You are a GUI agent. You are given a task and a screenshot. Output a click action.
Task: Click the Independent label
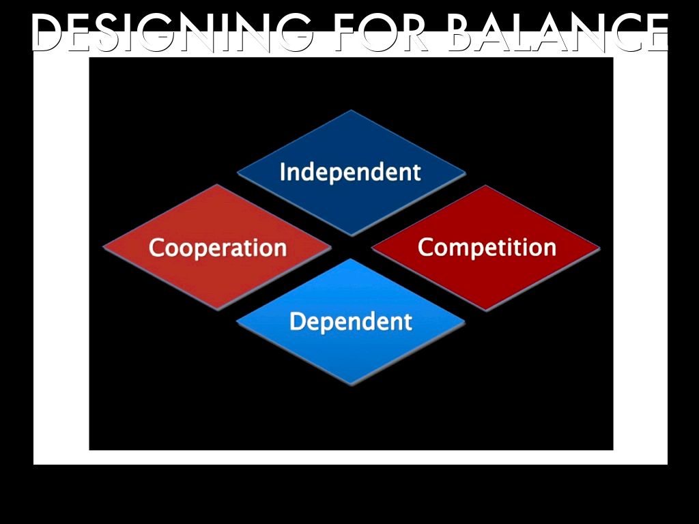click(x=350, y=172)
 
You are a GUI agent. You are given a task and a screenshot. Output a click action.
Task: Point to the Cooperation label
click(x=217, y=247)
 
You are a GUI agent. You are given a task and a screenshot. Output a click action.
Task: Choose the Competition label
click(x=487, y=247)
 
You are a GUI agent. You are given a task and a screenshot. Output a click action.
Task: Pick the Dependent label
click(x=351, y=321)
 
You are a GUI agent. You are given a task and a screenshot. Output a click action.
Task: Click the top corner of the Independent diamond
click(x=352, y=111)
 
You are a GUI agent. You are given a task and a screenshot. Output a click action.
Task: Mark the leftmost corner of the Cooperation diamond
click(x=104, y=247)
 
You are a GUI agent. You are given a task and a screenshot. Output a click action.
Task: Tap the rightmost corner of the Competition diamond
click(x=599, y=248)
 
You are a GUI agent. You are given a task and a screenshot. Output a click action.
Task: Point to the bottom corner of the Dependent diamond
click(x=352, y=385)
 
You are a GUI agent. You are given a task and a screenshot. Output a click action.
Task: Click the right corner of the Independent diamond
click(x=466, y=173)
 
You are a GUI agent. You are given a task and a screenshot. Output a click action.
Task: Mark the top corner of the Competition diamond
click(x=485, y=186)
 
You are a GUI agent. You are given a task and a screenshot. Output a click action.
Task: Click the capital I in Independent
click(x=283, y=172)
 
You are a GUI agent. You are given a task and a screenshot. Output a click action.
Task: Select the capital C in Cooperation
click(x=157, y=247)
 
